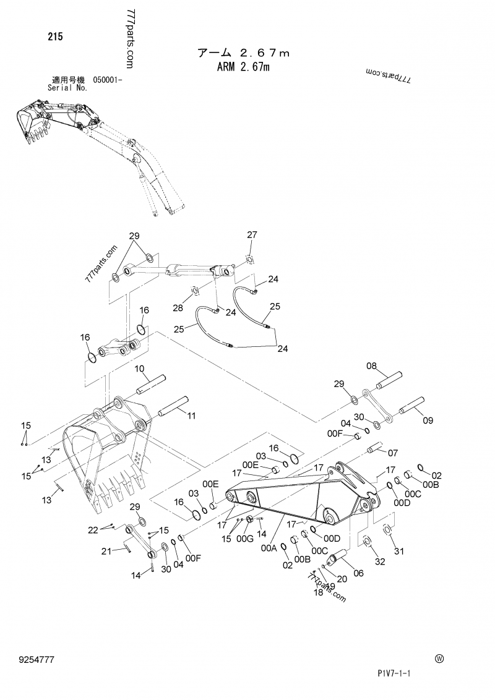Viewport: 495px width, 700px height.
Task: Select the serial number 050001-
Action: point(108,80)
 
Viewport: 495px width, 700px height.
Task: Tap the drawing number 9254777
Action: point(38,660)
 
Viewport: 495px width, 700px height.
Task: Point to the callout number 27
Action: point(252,234)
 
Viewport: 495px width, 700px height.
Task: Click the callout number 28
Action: point(178,308)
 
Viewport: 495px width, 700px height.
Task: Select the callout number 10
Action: point(140,369)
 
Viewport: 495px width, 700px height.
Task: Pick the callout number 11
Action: point(191,415)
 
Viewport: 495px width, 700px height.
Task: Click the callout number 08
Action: point(371,366)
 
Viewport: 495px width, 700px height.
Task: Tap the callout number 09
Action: point(428,421)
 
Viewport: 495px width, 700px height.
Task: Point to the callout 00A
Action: point(268,548)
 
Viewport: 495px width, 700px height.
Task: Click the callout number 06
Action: point(358,573)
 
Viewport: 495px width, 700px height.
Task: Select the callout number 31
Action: point(398,552)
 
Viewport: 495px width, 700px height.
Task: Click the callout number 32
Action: point(379,561)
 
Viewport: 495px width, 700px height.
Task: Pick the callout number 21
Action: point(106,551)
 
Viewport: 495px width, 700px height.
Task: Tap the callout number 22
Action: point(93,529)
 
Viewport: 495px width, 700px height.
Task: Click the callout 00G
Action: point(245,539)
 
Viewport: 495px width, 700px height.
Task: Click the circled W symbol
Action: point(439,659)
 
